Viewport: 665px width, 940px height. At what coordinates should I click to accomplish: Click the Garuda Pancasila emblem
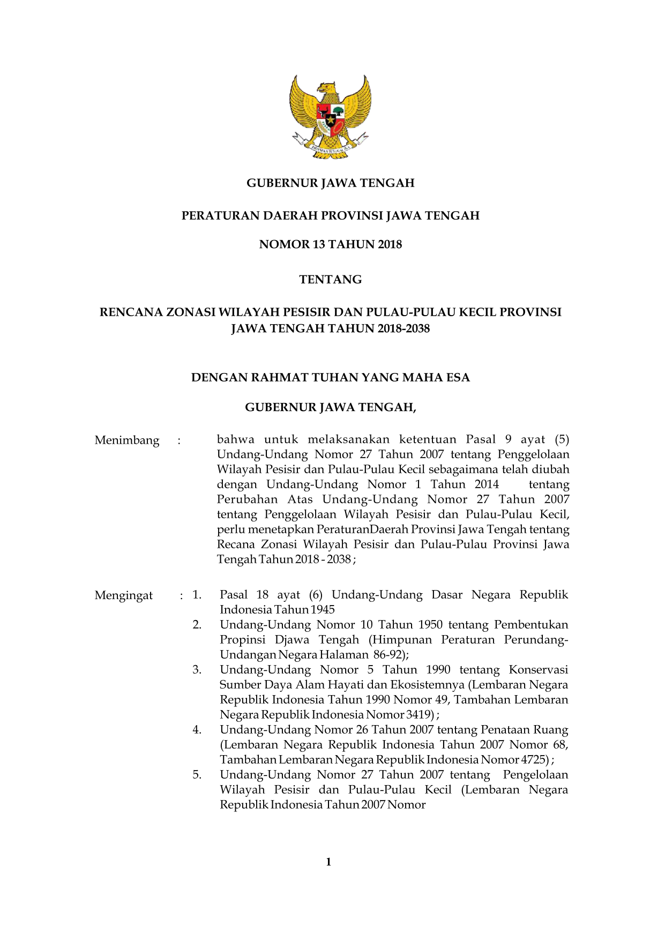point(331,117)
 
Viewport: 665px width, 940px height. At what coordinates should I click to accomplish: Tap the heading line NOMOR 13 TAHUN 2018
point(330,245)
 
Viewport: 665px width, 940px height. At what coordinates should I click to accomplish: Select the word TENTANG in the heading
point(330,280)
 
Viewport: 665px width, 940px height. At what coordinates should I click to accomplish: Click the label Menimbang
point(127,441)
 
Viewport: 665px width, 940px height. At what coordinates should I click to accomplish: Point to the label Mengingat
point(124,596)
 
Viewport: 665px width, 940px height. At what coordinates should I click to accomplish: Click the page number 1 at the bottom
point(328,862)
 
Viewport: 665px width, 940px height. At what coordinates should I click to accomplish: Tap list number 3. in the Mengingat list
point(197,670)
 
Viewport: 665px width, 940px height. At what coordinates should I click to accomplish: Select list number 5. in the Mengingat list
point(197,775)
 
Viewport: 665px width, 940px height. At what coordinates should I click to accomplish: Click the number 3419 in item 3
point(420,715)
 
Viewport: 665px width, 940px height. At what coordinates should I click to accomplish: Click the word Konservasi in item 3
point(538,670)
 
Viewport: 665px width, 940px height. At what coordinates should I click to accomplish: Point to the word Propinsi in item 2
point(242,640)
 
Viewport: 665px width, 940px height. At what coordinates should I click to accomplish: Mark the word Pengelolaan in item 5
point(535,775)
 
